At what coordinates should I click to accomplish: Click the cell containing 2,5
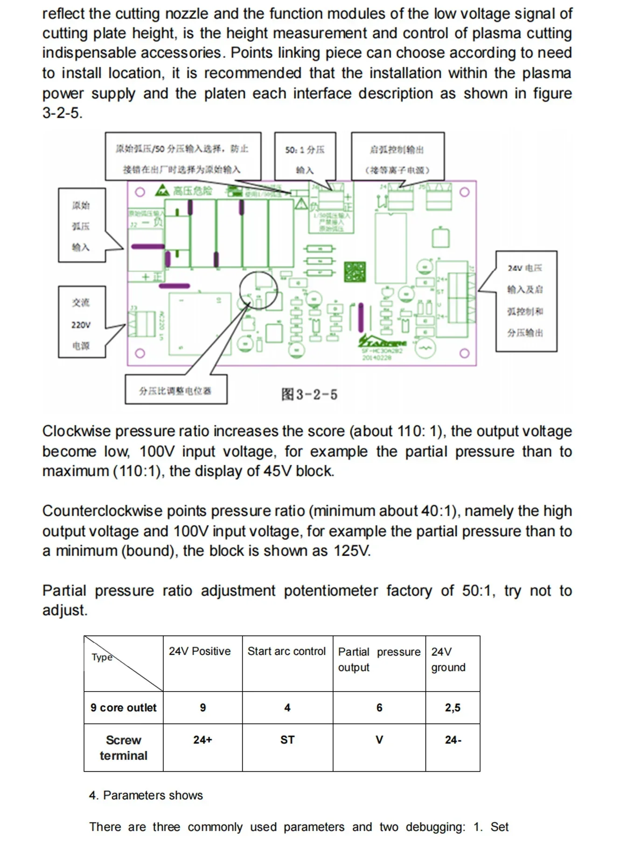(x=452, y=707)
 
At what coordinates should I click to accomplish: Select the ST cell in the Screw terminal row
(x=287, y=740)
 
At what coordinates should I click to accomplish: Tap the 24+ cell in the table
(x=202, y=740)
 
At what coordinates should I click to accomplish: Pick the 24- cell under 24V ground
(x=453, y=740)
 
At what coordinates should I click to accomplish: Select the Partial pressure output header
(x=379, y=659)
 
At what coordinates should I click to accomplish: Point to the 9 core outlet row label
(x=123, y=707)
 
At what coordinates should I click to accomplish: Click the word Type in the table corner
(x=102, y=657)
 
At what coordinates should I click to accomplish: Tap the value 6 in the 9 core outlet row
(x=379, y=707)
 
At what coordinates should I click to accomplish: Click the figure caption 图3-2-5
(x=309, y=394)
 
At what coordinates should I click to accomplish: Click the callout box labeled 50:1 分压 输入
(x=305, y=159)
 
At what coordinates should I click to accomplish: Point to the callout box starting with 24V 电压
(x=526, y=300)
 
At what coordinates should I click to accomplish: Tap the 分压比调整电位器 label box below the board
(x=175, y=390)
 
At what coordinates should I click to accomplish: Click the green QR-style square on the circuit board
(x=355, y=272)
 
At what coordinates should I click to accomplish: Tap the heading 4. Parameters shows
(x=146, y=795)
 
